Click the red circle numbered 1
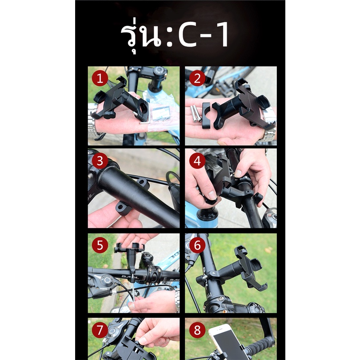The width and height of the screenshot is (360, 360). [100, 78]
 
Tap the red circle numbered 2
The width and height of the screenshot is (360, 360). [197, 78]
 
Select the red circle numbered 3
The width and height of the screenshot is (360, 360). [100, 161]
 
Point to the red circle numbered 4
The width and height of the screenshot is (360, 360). [197, 161]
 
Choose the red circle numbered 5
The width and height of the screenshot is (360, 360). [100, 245]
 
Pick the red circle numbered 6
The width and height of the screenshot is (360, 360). [197, 245]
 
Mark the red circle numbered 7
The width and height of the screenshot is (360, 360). [100, 330]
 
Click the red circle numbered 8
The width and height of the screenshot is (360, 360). [197, 330]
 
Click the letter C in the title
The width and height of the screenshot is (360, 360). [187, 35]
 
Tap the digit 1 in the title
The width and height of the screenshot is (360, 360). [222, 35]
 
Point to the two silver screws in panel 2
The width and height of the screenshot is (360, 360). [196, 113]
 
